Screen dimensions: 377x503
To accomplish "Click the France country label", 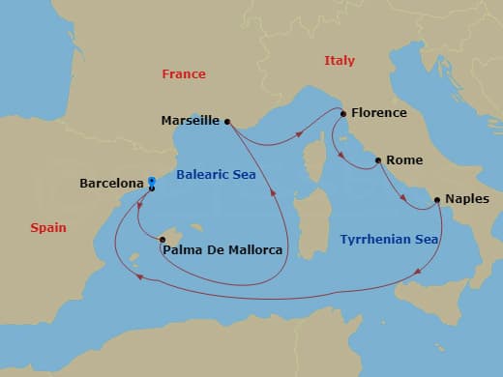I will (184, 74).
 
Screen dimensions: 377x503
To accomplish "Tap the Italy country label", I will (340, 61).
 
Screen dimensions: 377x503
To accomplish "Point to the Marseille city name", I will (192, 122).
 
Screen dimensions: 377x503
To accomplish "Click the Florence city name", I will (379, 113).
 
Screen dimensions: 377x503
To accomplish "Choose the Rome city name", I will (402, 160).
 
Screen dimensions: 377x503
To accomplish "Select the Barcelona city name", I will (111, 181).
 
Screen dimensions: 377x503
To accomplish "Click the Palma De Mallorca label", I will (223, 250).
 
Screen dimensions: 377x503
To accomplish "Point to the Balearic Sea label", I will (215, 174).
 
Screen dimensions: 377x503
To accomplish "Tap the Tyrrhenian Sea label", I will (389, 239).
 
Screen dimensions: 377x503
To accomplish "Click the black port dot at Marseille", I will (227, 122).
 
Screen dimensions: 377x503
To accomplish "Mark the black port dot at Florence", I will (342, 113).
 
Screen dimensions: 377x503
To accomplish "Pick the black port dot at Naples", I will (437, 200).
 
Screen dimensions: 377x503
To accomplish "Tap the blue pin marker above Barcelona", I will (152, 181).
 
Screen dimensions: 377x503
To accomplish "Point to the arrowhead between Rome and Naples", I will (403, 198).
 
